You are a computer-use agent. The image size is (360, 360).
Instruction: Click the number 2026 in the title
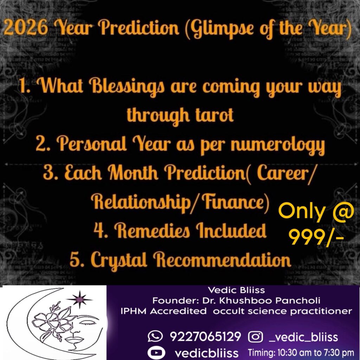tap(26, 27)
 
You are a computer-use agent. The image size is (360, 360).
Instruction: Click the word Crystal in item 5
tap(120, 260)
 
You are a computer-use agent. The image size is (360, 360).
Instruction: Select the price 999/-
tap(316, 237)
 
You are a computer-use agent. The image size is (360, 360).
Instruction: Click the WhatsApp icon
tap(155, 336)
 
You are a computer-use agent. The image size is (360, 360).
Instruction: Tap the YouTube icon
tap(156, 352)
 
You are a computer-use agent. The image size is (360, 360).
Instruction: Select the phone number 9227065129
tap(205, 337)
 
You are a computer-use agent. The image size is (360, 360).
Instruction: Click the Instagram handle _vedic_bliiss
tap(303, 337)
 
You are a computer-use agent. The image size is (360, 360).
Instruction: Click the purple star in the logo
tap(80, 299)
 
